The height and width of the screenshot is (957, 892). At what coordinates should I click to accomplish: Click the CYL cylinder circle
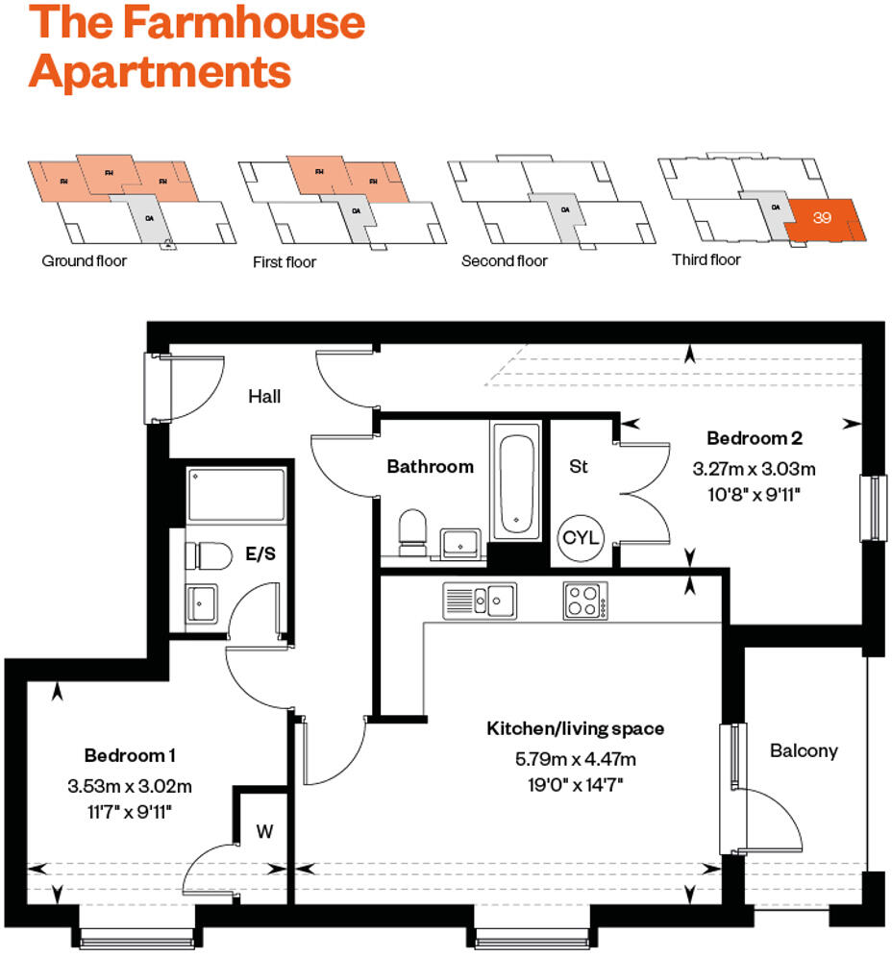581,537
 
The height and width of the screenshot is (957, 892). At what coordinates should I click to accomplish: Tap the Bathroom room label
430,467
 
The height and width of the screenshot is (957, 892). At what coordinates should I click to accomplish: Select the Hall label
264,396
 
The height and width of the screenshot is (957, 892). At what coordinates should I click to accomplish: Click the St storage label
579,467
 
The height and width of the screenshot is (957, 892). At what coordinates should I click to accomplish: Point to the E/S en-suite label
261,553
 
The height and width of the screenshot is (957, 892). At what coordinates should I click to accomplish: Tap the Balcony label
804,750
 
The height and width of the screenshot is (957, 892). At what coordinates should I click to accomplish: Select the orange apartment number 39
822,218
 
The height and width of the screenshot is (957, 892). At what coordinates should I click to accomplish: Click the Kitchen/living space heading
575,729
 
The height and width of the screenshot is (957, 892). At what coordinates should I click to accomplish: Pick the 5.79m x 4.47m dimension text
575,760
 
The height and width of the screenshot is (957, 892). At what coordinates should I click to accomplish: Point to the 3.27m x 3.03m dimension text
754,470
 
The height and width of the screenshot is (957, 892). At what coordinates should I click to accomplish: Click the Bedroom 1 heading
129,754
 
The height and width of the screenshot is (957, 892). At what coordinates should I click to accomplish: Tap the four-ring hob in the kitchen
584,601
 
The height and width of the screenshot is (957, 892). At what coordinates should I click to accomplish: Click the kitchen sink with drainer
479,601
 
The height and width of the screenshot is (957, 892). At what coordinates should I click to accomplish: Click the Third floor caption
706,259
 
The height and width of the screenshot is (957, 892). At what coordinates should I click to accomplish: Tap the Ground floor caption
84,260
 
